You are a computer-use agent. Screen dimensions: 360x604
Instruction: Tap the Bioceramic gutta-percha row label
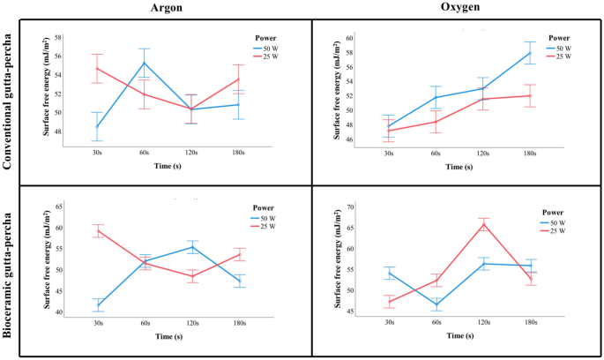coord(10,269)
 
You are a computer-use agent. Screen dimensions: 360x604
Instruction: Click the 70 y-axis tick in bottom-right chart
coord(349,206)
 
